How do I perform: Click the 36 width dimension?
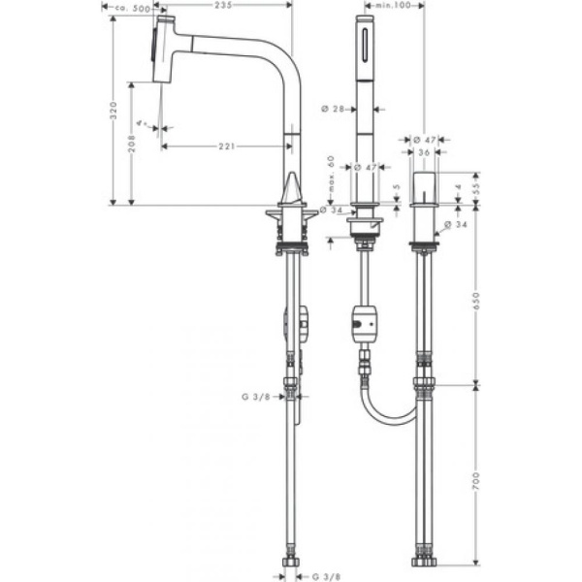424,152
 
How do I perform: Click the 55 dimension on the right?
475,189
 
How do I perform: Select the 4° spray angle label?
143,123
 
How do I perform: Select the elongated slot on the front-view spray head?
366,44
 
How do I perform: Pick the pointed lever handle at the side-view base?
291,186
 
